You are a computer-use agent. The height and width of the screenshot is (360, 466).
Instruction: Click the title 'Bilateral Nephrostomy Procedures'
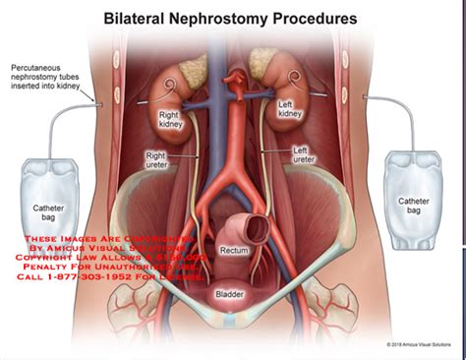pyautogui.click(x=233, y=19)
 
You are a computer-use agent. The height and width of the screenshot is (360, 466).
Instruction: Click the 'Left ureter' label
pyautogui.click(x=306, y=155)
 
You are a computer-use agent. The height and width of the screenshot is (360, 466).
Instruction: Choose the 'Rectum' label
pyautogui.click(x=235, y=251)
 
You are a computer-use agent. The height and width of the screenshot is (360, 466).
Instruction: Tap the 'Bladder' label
pyautogui.click(x=232, y=294)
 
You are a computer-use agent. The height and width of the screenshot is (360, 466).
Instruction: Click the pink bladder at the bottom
pyautogui.click(x=232, y=305)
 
